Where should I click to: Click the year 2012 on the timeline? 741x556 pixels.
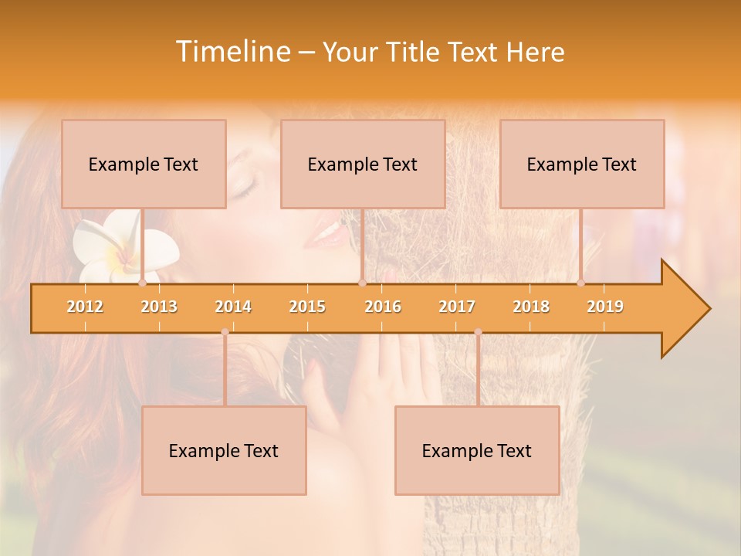point(85,307)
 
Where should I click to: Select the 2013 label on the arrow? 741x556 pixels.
point(159,307)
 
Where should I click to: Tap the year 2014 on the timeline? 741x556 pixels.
point(233,307)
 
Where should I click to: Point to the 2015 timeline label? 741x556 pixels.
point(307,307)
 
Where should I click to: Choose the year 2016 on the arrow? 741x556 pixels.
point(383,307)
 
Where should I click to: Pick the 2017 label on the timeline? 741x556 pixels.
point(457,307)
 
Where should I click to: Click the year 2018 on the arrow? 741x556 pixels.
point(531,307)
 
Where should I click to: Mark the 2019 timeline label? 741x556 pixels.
point(605,307)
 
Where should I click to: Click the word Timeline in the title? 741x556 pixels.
point(232,52)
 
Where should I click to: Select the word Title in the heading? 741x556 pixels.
point(414,52)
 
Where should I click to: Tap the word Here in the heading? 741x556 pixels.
point(535,52)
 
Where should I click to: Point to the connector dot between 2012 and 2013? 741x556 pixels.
point(142,283)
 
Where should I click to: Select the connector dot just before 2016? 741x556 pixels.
point(362,283)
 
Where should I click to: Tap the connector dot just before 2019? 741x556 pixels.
point(581,283)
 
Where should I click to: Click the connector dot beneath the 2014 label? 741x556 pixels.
point(225,332)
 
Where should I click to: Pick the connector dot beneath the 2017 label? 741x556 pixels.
point(478,332)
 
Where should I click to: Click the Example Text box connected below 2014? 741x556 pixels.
point(224,451)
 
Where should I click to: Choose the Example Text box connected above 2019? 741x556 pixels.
point(582,164)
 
